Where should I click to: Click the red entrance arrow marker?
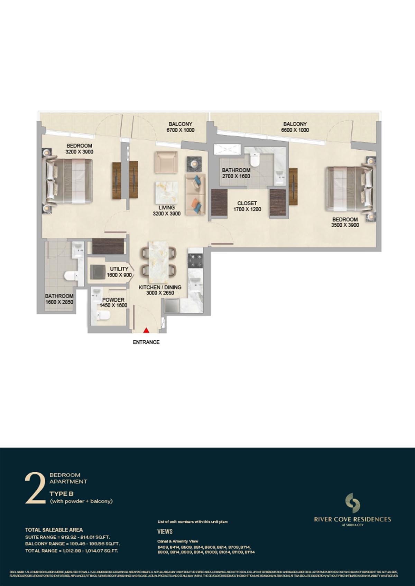146,330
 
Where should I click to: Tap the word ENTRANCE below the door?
146,342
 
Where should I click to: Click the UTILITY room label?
119,269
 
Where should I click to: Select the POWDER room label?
113,300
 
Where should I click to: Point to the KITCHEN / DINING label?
160,287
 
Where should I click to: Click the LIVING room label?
166,208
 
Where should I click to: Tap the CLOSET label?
247,203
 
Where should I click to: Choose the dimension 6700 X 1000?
180,130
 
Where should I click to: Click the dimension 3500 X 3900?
345,225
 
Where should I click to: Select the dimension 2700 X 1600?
236,176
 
